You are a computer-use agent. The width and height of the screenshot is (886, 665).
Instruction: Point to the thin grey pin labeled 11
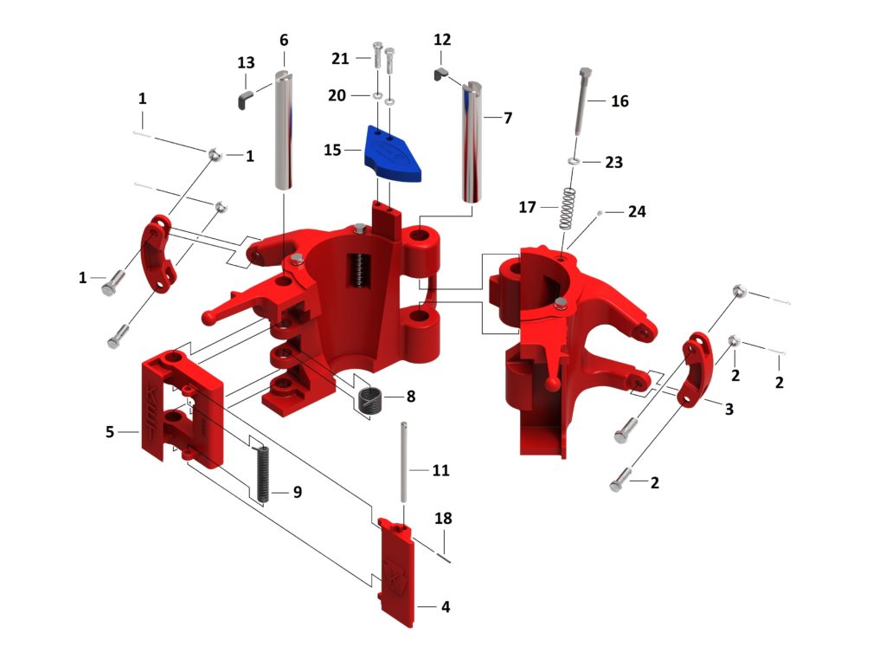(404, 468)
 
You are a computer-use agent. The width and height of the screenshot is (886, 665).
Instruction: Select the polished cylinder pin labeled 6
(284, 130)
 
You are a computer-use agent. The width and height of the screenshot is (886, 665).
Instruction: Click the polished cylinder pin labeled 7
(472, 143)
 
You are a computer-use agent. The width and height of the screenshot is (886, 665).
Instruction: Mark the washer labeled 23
(574, 162)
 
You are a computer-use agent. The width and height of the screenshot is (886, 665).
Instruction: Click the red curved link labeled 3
(697, 369)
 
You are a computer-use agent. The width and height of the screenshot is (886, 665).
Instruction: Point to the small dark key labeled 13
(245, 96)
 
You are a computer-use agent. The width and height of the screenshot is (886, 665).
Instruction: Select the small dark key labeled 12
(440, 75)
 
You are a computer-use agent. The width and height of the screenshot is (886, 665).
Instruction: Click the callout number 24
(637, 211)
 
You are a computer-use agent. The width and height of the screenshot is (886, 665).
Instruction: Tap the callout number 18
(443, 519)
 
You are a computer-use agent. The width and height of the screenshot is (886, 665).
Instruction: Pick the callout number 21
(340, 58)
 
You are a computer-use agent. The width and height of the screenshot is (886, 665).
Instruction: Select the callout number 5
(110, 431)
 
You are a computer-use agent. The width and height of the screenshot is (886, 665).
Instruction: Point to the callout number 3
(729, 409)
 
